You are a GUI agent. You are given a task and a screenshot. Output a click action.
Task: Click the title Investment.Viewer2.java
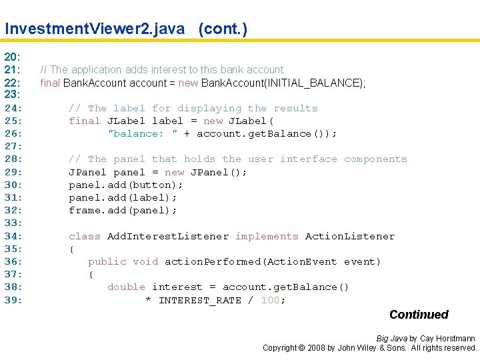pos(95,29)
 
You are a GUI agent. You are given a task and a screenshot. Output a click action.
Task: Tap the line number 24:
pos(14,108)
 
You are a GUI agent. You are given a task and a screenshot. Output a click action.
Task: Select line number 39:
pos(14,300)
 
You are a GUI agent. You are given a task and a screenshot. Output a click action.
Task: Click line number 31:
pos(14,197)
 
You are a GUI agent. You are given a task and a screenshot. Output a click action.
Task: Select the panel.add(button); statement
pos(125,185)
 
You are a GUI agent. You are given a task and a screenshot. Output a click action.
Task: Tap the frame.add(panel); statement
pos(123,210)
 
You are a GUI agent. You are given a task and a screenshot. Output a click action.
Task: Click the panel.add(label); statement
pos(123,197)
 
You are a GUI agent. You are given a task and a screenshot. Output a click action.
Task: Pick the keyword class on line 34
pos(85,236)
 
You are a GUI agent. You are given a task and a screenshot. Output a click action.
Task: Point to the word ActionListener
pos(350,236)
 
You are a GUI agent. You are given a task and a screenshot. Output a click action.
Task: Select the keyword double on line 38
pos(126,287)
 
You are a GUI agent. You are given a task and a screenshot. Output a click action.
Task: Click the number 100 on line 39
pos(270,300)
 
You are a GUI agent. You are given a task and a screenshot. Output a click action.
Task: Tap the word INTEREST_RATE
pos(200,300)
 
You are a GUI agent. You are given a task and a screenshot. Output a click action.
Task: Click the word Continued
pos(419,315)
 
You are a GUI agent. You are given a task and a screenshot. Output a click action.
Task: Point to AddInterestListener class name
pos(167,236)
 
